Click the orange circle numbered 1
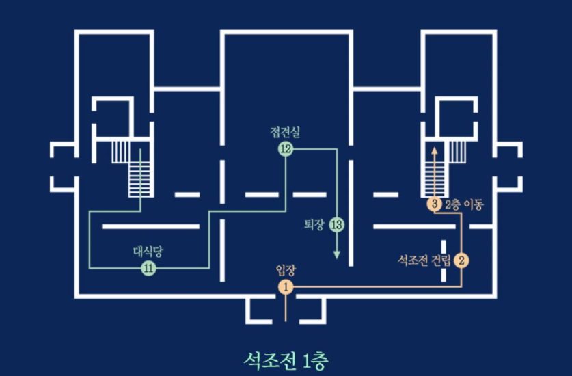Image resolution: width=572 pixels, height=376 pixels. click(x=286, y=286)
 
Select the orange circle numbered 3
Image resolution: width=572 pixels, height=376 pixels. click(x=433, y=204)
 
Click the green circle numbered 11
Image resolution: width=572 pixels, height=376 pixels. click(x=149, y=268)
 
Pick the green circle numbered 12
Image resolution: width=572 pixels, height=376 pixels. click(x=285, y=149)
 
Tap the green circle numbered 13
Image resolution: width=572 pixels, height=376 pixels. click(x=336, y=224)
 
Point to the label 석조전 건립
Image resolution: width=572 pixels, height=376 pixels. click(x=423, y=260)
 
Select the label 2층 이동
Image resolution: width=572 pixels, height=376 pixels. click(x=463, y=204)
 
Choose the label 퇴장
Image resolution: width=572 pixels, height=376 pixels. click(x=315, y=224)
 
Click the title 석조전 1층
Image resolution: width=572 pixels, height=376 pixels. click(x=286, y=359)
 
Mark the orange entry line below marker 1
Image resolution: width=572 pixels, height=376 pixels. click(x=286, y=308)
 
